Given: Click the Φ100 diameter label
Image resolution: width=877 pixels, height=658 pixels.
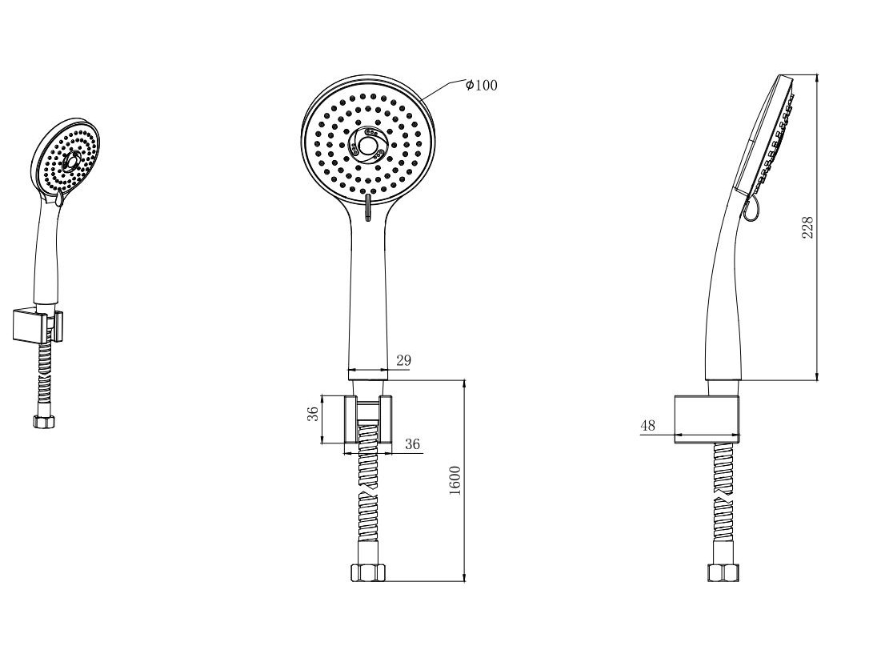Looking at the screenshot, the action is pyautogui.click(x=482, y=85).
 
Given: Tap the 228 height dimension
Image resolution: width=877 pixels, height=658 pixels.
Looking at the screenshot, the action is pyautogui.click(x=808, y=227).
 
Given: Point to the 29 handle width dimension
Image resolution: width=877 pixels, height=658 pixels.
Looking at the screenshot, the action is pyautogui.click(x=404, y=360).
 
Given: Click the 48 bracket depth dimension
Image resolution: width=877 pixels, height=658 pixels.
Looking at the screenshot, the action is pyautogui.click(x=647, y=425).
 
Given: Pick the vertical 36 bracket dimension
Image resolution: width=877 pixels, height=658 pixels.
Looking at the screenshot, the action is pyautogui.click(x=314, y=414).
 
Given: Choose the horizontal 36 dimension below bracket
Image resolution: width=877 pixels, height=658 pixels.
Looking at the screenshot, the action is pyautogui.click(x=412, y=444).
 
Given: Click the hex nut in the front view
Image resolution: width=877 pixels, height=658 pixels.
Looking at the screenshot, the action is pyautogui.click(x=368, y=573).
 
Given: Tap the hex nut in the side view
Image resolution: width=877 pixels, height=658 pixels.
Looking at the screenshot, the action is pyautogui.click(x=723, y=573).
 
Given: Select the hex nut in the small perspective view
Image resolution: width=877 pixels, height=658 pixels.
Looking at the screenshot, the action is pyautogui.click(x=44, y=422).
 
